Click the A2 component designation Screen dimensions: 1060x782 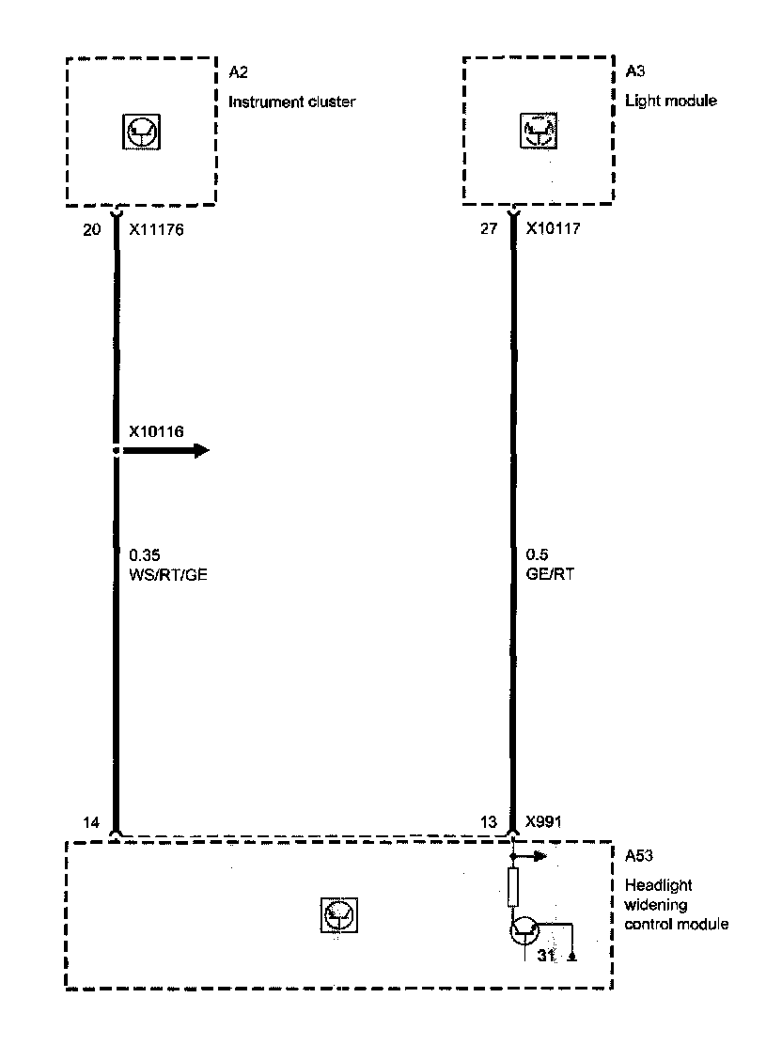click(x=238, y=72)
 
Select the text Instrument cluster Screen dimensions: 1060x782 click(x=292, y=101)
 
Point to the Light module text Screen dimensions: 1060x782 click(x=671, y=101)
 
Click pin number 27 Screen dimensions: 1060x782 click(x=489, y=228)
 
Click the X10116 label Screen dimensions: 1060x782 click(x=155, y=431)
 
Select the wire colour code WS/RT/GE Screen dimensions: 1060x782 click(x=167, y=575)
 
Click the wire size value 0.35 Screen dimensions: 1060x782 click(x=144, y=555)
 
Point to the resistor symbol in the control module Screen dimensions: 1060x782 click(x=512, y=886)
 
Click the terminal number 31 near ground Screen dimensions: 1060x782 click(x=546, y=957)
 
